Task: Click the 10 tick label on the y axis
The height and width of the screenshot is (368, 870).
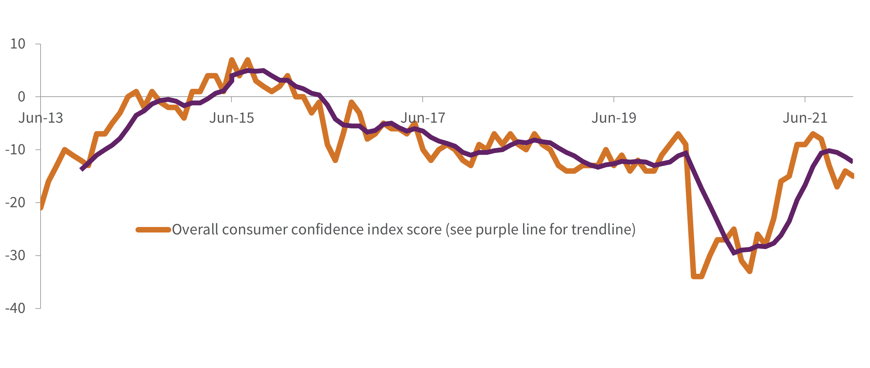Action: coord(18,44)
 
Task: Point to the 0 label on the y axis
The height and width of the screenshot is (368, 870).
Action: coord(21,97)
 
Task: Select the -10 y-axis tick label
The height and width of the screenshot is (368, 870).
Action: coord(15,150)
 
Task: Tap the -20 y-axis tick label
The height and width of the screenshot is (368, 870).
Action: coord(15,203)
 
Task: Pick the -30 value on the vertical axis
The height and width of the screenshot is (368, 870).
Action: coord(15,256)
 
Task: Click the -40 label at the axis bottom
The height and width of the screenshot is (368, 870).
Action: coord(15,308)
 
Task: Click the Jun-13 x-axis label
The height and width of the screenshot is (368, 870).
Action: coord(41,118)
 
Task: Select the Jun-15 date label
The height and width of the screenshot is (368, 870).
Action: coord(231,118)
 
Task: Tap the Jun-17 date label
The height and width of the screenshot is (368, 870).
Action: coord(423,118)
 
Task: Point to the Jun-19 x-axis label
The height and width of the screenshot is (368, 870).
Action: coord(614,118)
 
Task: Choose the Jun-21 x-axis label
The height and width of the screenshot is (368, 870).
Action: coord(805,118)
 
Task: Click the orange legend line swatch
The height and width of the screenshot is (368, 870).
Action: coord(153,230)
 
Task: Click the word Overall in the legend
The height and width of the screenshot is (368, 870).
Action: coord(195,230)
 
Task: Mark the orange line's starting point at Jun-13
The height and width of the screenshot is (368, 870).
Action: coord(41,208)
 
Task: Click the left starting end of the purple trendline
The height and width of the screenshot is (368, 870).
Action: coord(81,170)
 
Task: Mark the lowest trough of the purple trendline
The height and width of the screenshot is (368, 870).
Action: coord(734,253)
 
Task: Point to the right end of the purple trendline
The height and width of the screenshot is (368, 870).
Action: coord(852,161)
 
